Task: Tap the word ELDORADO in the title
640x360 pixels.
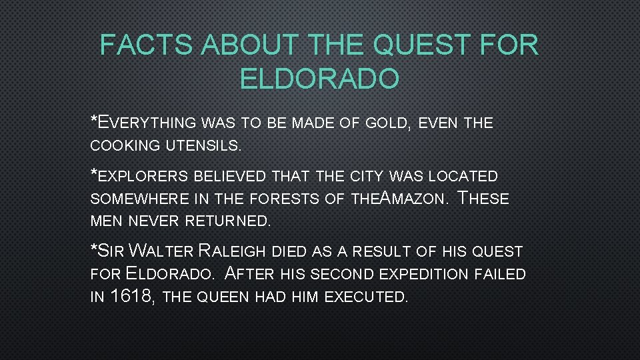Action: click(319, 79)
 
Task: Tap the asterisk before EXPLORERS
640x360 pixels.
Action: click(94, 174)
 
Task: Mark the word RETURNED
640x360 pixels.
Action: click(226, 221)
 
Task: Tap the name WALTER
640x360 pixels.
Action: click(161, 251)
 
